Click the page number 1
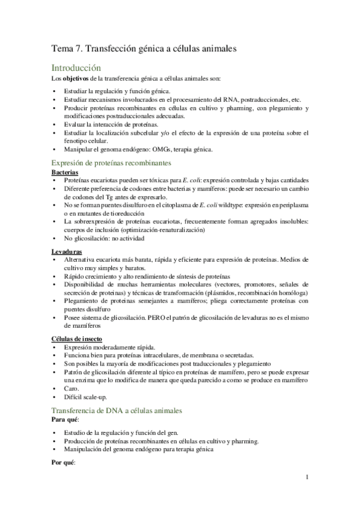tap(307, 478)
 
